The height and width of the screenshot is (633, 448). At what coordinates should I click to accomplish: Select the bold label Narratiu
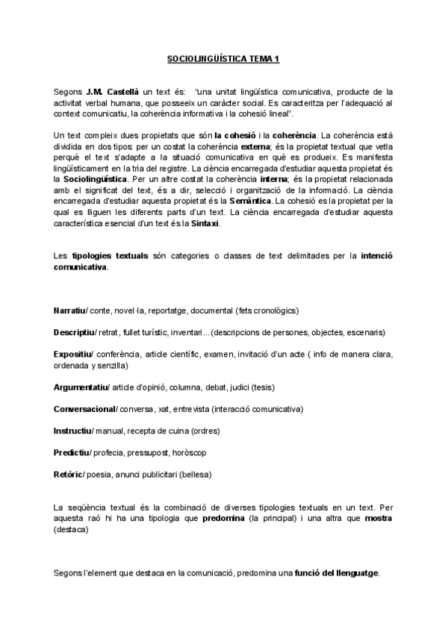pos(70,310)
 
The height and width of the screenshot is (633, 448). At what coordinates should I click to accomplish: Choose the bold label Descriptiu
pos(72,331)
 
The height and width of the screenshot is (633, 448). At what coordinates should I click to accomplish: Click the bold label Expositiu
pos(72,353)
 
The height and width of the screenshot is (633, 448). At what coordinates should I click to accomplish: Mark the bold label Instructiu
pos(72,431)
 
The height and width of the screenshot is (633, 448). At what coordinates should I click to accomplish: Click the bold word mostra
pos(379,517)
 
